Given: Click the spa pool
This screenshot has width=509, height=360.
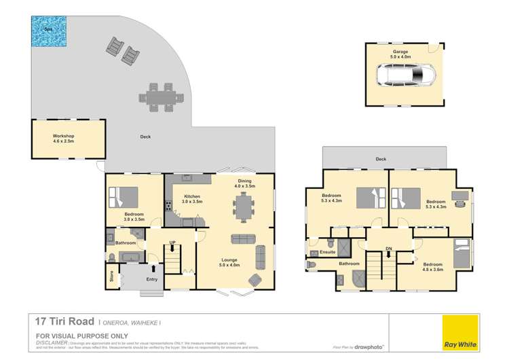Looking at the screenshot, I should point(48,31).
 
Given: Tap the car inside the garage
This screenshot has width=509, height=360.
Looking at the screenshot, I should point(405,74).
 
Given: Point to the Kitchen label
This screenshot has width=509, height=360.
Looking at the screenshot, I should point(192,198).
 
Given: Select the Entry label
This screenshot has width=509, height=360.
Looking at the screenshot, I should point(152,279).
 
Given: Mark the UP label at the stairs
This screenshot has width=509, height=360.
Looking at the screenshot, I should point(172,242).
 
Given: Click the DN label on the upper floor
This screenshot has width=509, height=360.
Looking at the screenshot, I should point(389,249).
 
